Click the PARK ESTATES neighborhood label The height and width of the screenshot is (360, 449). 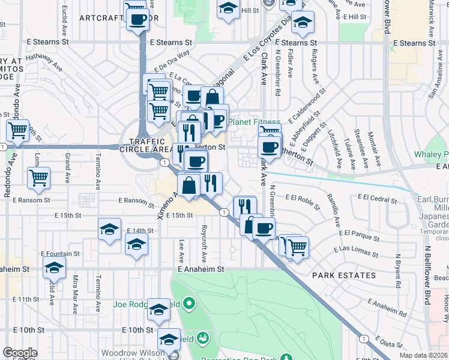click(x=344, y=275)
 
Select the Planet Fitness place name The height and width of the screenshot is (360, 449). click(x=255, y=121)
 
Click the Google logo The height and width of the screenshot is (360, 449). click(x=20, y=353)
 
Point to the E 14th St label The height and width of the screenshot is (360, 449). click(x=140, y=230)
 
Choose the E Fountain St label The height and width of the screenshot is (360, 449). click(x=60, y=254)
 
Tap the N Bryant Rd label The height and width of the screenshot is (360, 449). click(x=397, y=270)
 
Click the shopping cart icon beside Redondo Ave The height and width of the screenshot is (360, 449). click(x=17, y=130)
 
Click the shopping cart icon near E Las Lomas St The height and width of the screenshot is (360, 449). click(x=297, y=246)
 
